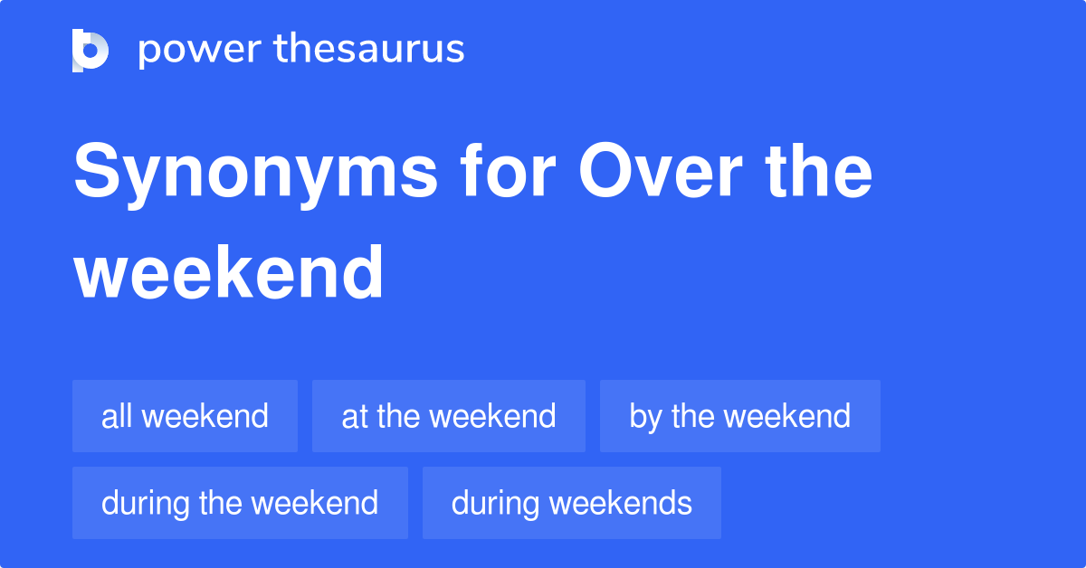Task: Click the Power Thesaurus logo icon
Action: [x=90, y=50]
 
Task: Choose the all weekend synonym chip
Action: [x=185, y=416]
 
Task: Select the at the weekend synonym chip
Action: [x=448, y=416]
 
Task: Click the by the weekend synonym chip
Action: [x=739, y=416]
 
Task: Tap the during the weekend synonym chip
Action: [x=240, y=503]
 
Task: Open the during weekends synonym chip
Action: [x=571, y=503]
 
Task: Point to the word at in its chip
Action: [x=354, y=416]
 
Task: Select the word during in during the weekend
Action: [x=146, y=503]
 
